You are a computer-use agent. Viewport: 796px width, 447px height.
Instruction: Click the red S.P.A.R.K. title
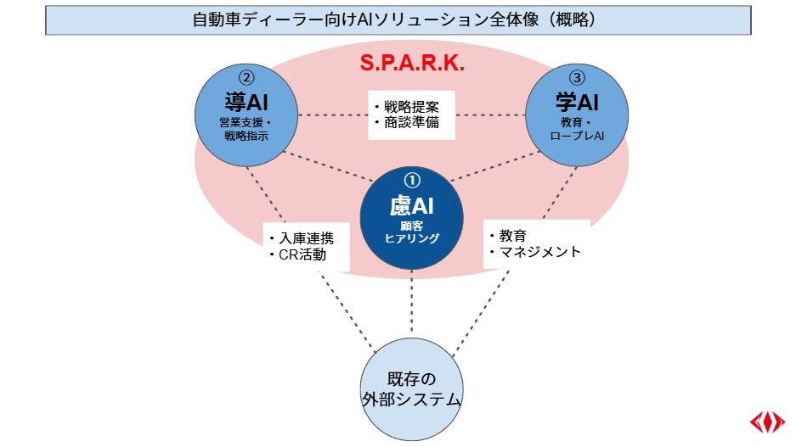[x=412, y=64]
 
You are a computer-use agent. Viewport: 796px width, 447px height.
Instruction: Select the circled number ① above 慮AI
[x=411, y=180]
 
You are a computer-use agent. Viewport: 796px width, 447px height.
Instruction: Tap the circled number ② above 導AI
[x=247, y=77]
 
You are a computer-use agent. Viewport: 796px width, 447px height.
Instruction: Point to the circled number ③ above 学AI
[x=577, y=77]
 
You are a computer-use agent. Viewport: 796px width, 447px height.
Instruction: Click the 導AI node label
[x=247, y=102]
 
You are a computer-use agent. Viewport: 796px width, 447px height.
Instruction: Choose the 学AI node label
[x=577, y=102]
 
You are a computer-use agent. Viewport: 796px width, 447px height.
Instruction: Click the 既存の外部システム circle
[x=411, y=389]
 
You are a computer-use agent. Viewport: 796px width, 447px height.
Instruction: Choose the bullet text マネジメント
[x=539, y=251]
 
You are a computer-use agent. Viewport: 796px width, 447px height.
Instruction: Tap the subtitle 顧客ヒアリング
[x=411, y=232]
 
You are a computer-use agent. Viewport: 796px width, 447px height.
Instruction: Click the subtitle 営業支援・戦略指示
[x=247, y=128]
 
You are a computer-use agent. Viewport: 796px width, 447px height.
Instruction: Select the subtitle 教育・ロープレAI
[x=577, y=128]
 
